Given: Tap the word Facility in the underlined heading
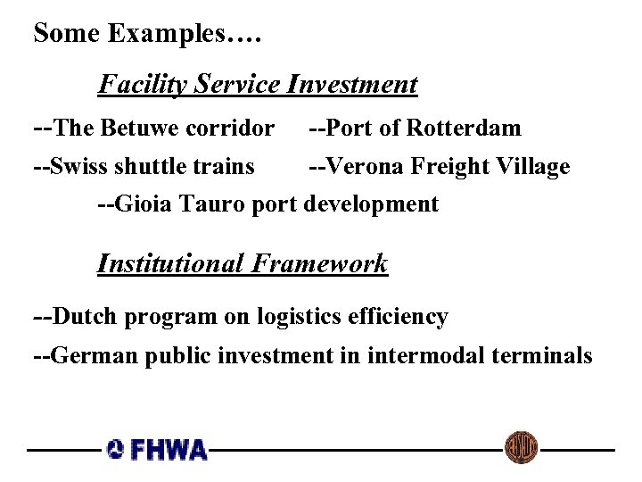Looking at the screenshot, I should (x=136, y=85).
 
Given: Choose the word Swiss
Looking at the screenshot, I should (x=78, y=167).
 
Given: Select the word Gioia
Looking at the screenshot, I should (x=141, y=204).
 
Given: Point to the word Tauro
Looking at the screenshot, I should (x=204, y=204).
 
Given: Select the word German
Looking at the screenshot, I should (x=93, y=356).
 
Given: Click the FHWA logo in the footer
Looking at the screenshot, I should (x=158, y=449).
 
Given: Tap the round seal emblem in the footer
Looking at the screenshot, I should (x=521, y=447).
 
